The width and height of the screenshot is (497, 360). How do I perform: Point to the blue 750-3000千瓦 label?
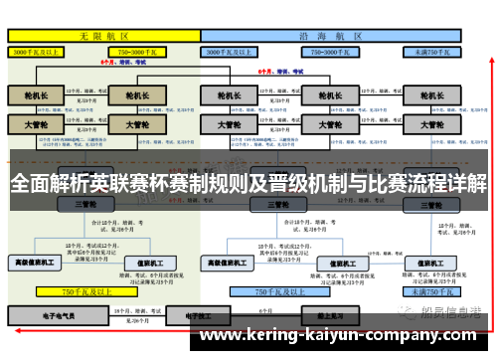(x=332, y=51)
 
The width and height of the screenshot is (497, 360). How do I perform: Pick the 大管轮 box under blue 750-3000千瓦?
(x=325, y=124)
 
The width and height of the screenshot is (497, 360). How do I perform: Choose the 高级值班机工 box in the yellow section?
(x=37, y=263)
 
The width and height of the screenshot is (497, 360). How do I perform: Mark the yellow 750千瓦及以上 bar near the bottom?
(x=83, y=292)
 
